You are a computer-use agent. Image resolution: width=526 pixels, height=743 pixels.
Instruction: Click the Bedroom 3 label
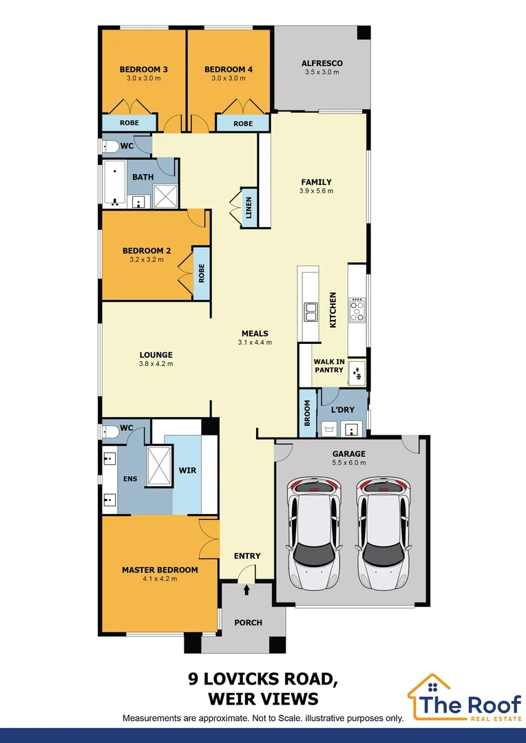point(143,69)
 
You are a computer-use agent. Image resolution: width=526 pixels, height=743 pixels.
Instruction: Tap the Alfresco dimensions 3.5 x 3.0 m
point(322,72)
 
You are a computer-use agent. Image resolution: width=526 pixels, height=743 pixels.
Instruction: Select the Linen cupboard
point(249,206)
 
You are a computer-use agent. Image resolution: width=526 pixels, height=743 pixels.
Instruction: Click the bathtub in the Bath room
point(114,184)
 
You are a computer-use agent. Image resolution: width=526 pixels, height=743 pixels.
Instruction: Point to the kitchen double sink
point(311,313)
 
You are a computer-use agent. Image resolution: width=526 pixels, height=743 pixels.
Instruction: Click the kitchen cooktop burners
point(357,310)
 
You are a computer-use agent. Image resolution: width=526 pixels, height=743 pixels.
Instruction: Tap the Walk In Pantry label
point(328,365)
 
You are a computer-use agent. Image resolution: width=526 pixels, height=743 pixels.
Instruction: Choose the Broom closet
point(307,413)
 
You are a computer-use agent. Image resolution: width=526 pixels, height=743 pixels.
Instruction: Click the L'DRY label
point(342,409)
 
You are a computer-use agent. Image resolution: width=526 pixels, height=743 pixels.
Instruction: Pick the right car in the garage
point(383,533)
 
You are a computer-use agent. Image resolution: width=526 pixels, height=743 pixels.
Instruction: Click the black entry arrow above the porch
point(246,590)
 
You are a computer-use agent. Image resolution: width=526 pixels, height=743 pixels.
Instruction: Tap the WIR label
point(187,470)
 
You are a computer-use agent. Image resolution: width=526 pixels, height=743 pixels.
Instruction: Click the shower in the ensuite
point(159,466)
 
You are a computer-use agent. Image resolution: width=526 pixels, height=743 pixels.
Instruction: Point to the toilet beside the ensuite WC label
point(110,431)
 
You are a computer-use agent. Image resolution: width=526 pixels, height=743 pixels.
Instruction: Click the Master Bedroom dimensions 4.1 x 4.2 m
point(160,579)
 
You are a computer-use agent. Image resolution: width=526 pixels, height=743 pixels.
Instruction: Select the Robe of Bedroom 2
point(201,273)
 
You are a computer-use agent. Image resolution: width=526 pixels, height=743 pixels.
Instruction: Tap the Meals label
point(255,334)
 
